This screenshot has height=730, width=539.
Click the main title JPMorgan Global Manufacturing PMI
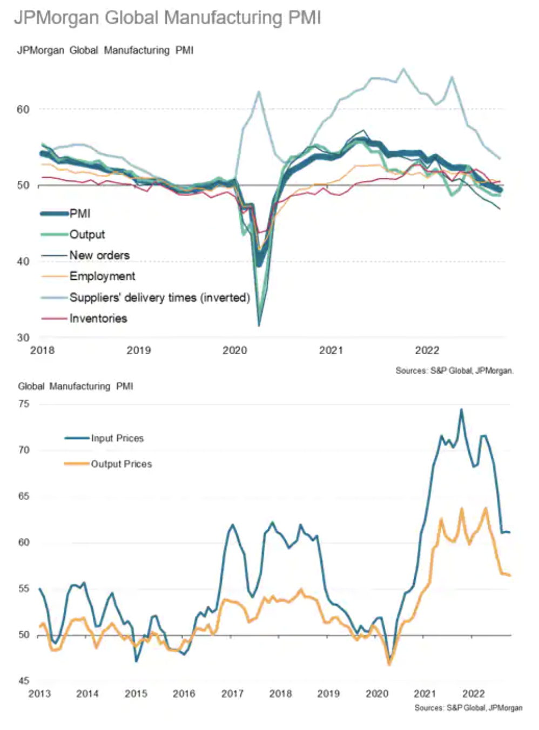(x=167, y=18)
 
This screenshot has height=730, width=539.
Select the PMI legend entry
(x=79, y=214)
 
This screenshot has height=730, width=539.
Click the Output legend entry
(x=87, y=235)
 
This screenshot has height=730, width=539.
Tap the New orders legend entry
(x=99, y=255)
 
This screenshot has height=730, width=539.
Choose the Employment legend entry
(x=102, y=276)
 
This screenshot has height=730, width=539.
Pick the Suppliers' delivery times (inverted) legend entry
(x=159, y=298)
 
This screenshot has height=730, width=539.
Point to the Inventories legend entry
(x=98, y=319)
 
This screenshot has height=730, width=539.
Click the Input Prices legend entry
(x=117, y=438)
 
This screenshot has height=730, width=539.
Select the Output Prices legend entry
(x=121, y=464)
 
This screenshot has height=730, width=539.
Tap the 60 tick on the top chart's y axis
(x=23, y=110)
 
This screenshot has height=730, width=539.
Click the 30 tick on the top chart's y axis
(x=23, y=338)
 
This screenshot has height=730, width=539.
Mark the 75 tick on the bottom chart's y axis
(x=23, y=404)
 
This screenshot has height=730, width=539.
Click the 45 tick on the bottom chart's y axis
(x=23, y=681)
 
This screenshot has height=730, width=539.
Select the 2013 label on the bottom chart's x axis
(x=39, y=694)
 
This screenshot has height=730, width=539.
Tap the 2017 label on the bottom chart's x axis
(x=232, y=694)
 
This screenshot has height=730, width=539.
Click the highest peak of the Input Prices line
(x=461, y=410)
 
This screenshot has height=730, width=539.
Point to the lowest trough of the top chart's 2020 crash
(x=259, y=325)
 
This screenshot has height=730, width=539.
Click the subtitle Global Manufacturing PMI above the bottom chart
(x=76, y=387)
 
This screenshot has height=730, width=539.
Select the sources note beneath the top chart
(x=454, y=371)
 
